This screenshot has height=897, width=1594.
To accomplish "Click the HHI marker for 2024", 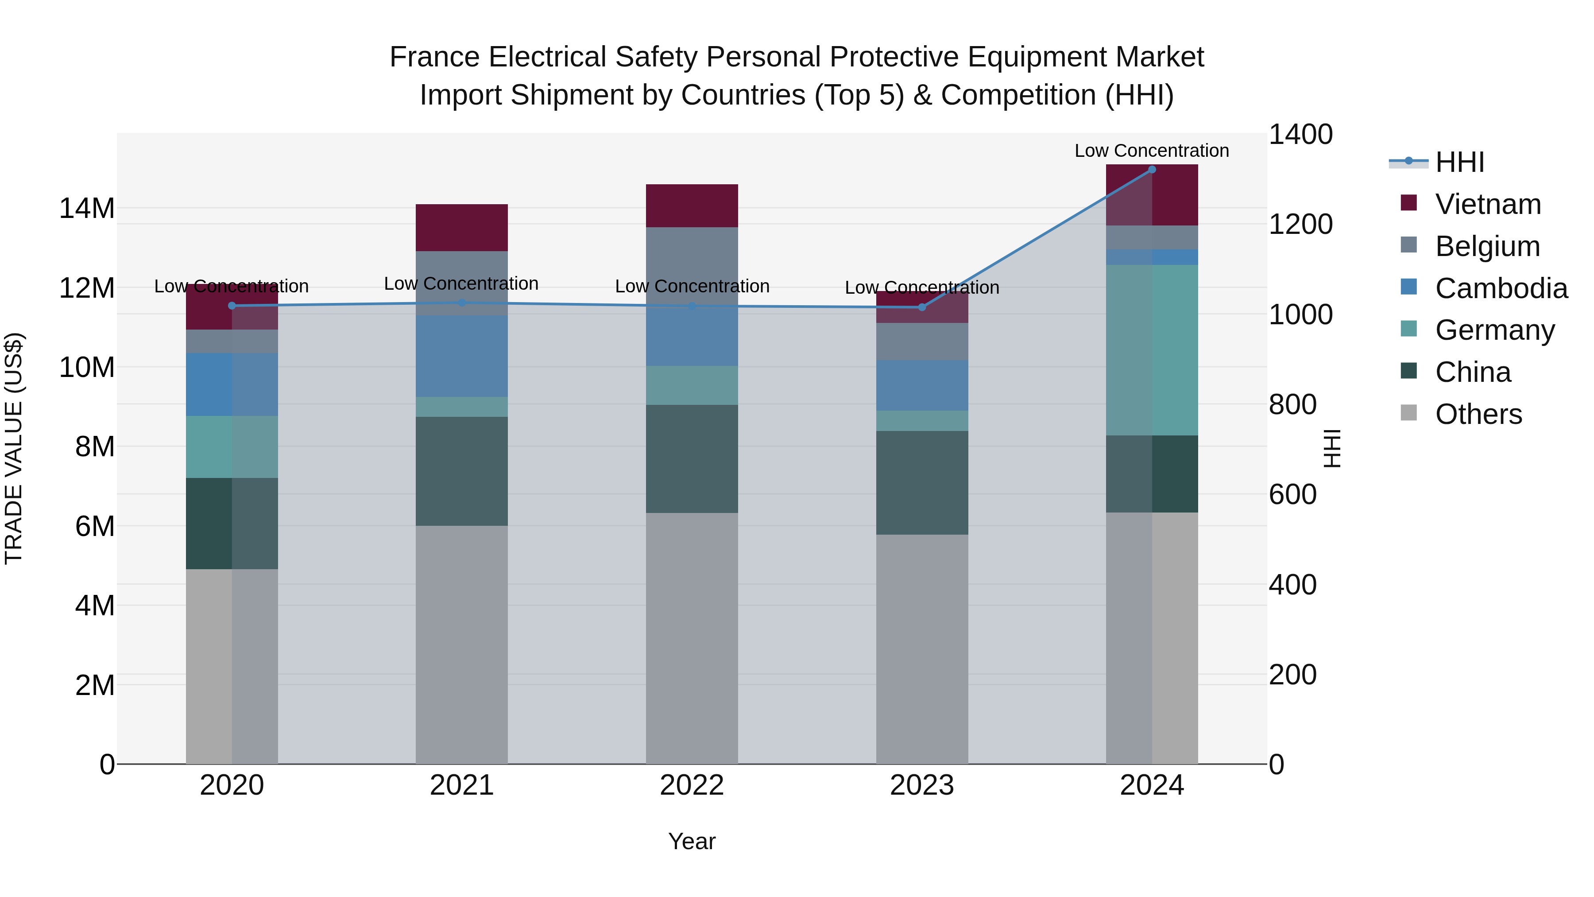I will click(x=1152, y=170).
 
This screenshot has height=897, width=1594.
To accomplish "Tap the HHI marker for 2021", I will click(x=462, y=303).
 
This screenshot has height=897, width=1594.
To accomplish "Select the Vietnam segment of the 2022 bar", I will click(x=692, y=206).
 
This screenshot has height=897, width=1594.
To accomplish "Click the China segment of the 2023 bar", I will click(x=922, y=482).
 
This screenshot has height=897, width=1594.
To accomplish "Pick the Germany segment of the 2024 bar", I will click(x=1152, y=350).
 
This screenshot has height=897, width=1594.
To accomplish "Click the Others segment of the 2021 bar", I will click(x=462, y=644).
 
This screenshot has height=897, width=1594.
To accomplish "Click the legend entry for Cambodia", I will click(x=1501, y=288).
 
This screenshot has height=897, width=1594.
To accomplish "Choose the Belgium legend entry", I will click(x=1487, y=246).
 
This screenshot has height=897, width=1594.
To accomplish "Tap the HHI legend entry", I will click(x=1459, y=162).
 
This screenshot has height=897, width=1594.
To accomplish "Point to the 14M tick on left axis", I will click(x=87, y=208).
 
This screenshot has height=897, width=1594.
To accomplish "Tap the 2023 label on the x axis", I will click(x=922, y=785).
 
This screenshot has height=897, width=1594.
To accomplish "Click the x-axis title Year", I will click(x=692, y=841).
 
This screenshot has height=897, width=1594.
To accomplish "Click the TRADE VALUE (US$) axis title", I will click(x=14, y=448).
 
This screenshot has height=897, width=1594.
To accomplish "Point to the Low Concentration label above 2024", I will click(x=1152, y=151).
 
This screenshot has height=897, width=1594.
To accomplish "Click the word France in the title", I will click(x=435, y=57).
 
